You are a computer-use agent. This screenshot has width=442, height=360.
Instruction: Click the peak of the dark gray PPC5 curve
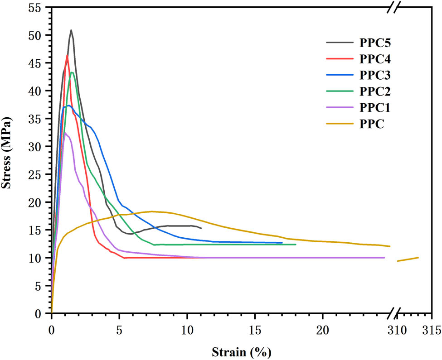[x=71, y=30]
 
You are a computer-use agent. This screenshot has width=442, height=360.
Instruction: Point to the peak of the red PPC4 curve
[x=67, y=55]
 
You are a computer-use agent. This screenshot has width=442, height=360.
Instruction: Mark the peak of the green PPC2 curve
[x=72, y=72]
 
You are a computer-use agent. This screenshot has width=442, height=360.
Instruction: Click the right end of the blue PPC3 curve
[x=282, y=243]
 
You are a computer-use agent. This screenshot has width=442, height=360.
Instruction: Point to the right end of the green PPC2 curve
[x=295, y=245]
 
